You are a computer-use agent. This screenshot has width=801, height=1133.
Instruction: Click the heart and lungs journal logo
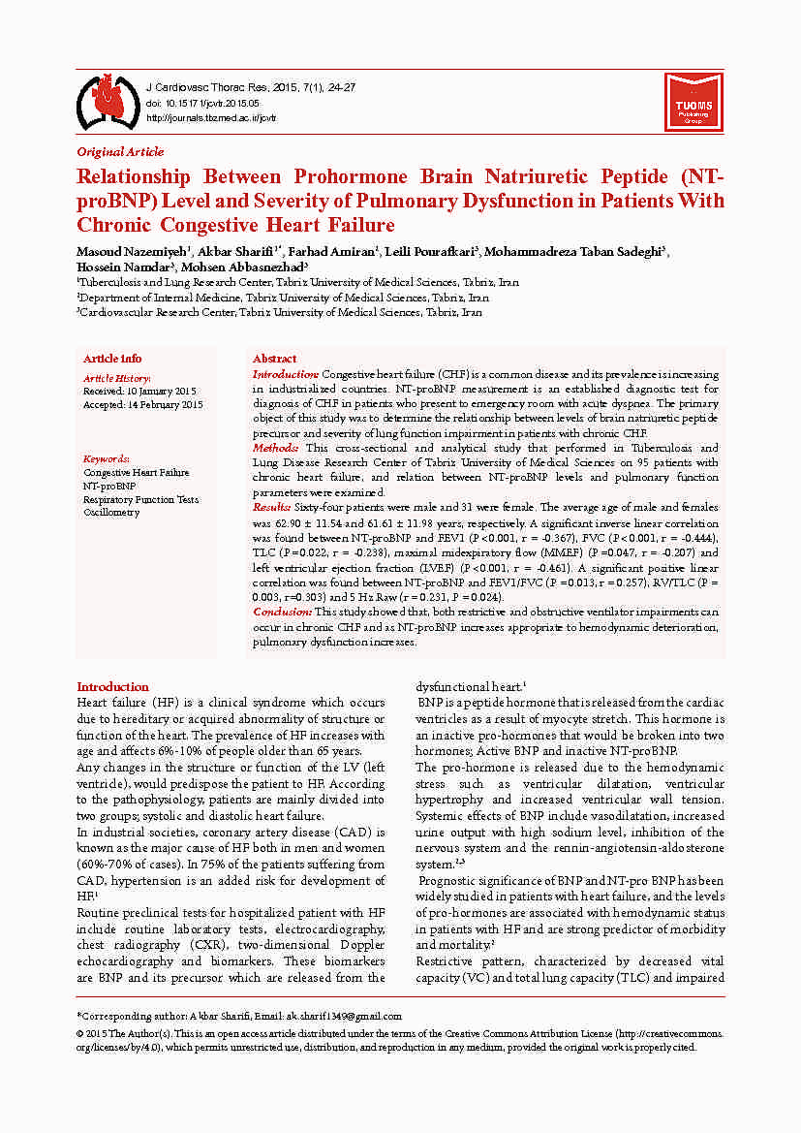pyautogui.click(x=108, y=100)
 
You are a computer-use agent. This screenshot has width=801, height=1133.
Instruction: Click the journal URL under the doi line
pyautogui.click(x=210, y=117)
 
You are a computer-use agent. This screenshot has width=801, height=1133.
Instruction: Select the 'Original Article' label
pyautogui.click(x=120, y=151)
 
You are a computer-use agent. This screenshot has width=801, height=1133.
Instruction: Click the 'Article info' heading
pyautogui.click(x=112, y=359)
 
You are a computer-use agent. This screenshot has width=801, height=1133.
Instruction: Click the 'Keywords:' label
pyautogui.click(x=107, y=458)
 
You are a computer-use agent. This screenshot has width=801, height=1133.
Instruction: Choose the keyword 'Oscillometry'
pyautogui.click(x=111, y=513)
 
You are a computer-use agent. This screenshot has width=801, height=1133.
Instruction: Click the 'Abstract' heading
pyautogui.click(x=274, y=359)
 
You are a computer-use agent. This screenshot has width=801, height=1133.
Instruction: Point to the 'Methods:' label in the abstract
pyautogui.click(x=276, y=449)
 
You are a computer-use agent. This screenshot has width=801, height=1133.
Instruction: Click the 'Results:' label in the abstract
pyautogui.click(x=271, y=508)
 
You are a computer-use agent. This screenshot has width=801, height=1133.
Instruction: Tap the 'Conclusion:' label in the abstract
pyautogui.click(x=282, y=612)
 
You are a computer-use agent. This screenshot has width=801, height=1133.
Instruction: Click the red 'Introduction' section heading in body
pyautogui.click(x=112, y=686)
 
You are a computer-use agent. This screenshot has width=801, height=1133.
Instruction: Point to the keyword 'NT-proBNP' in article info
pyautogui.click(x=109, y=486)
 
